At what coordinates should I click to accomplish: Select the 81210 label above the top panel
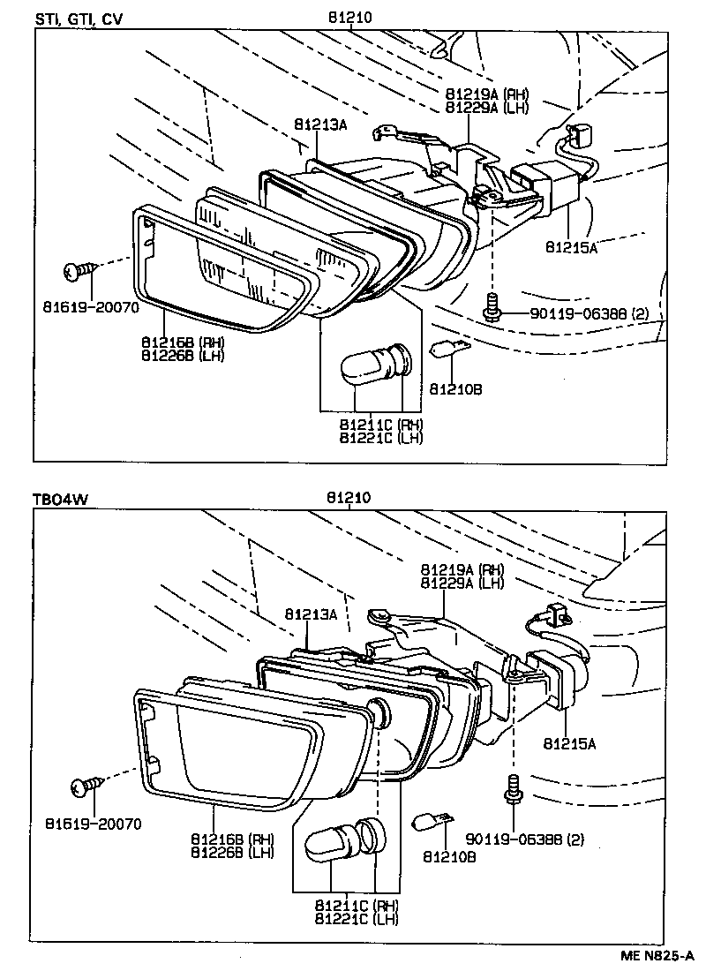point(349,17)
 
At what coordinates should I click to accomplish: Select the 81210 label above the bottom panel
point(349,498)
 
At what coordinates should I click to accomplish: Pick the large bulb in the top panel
point(371,364)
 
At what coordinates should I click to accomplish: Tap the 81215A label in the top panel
point(571,249)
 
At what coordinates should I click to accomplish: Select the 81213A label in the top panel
point(319,125)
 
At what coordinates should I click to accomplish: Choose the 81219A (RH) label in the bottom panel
point(462,568)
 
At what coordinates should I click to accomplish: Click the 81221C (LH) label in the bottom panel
point(357,919)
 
